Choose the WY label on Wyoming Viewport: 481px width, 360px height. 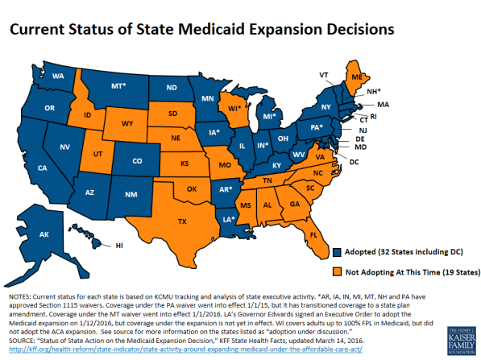click(129, 124)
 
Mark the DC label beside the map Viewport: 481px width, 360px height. click(355, 163)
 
